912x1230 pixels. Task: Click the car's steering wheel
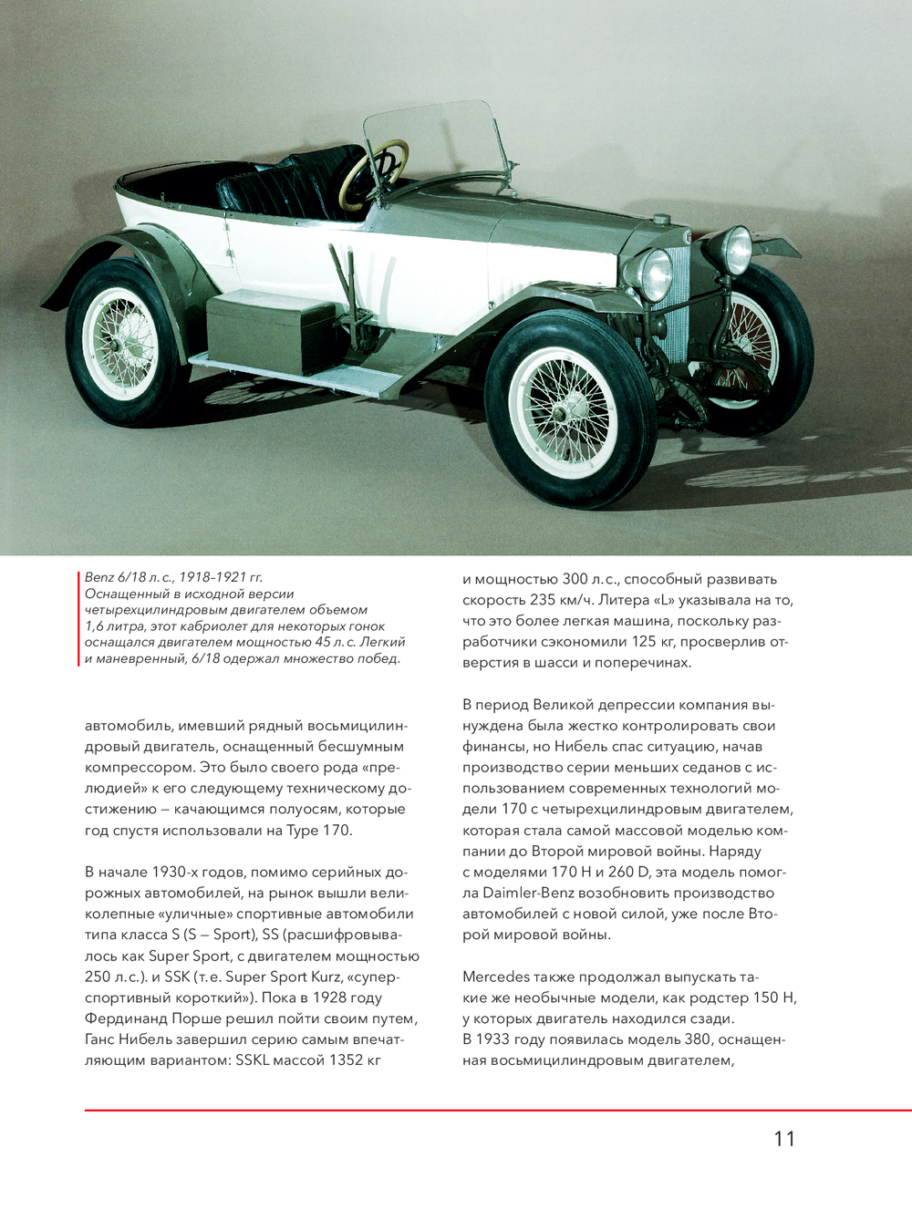click(374, 172)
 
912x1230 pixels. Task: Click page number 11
click(784, 1139)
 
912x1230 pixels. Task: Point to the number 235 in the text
click(544, 600)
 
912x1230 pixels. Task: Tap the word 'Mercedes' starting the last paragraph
click(496, 977)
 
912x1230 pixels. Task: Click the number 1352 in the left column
click(345, 1060)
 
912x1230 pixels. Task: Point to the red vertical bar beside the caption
click(79, 619)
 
